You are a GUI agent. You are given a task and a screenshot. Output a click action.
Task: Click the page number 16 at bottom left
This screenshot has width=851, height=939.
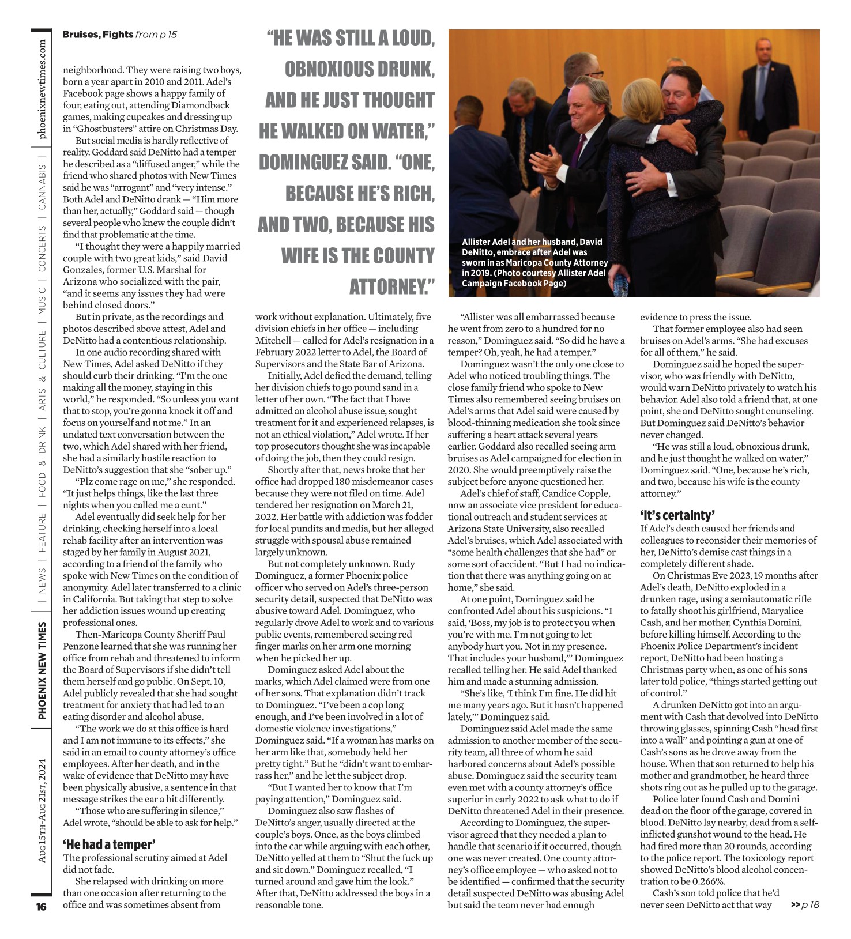point(41,907)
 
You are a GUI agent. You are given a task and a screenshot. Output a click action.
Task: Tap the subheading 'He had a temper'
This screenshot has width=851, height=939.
point(108,844)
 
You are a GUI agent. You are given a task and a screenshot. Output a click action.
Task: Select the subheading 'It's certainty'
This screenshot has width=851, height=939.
point(677,515)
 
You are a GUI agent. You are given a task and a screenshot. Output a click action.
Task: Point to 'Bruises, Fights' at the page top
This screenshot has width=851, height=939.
point(97,35)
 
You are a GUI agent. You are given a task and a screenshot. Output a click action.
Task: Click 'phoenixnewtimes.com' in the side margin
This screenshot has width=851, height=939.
point(42,90)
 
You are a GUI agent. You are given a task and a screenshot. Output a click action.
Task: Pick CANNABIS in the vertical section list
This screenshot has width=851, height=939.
point(42,188)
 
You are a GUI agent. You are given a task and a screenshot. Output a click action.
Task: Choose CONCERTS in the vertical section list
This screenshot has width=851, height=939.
point(42,248)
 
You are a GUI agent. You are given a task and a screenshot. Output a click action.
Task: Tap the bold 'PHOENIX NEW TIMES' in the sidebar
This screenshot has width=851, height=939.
point(42,670)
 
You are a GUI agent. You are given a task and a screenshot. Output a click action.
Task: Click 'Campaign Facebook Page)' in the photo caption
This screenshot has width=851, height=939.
point(514,283)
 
